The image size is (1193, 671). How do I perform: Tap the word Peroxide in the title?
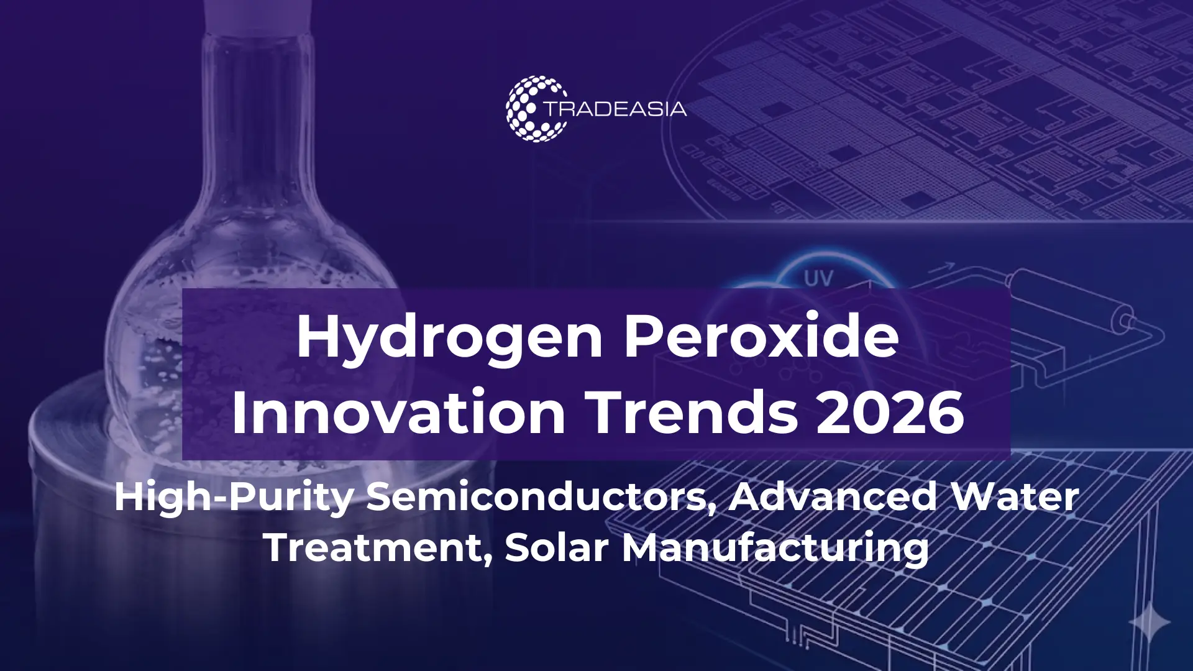point(761,336)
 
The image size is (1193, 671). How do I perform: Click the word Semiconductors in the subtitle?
point(540,497)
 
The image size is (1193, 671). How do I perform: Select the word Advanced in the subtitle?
point(833,497)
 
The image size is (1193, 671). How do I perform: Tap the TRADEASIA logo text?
point(615,109)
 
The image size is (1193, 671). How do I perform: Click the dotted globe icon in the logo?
point(534,109)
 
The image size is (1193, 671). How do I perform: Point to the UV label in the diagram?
point(818,278)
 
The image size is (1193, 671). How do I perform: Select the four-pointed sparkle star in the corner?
point(1149,621)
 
